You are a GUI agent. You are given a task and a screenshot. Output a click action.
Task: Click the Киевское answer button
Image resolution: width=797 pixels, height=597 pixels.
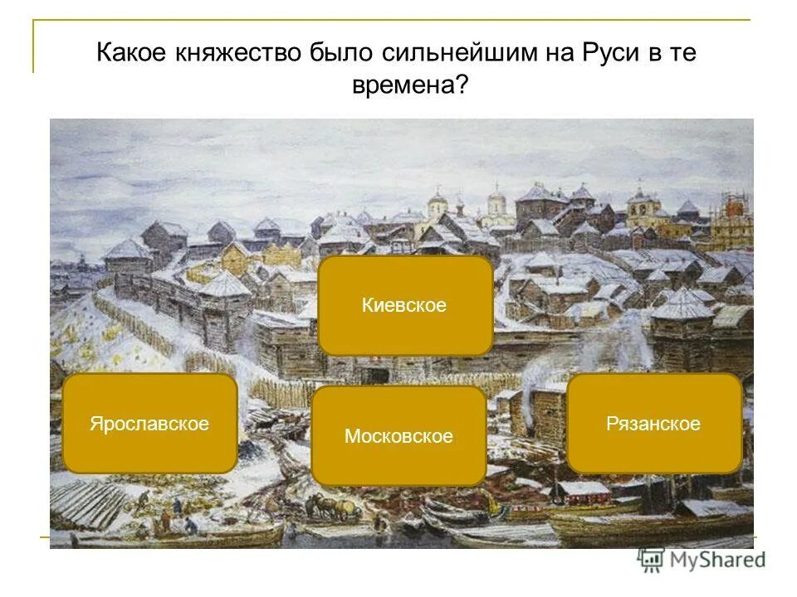click(x=404, y=305)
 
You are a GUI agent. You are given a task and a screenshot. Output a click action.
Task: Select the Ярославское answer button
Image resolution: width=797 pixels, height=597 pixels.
click(x=149, y=424)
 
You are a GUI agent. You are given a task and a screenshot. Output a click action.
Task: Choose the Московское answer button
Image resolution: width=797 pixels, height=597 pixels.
click(x=398, y=436)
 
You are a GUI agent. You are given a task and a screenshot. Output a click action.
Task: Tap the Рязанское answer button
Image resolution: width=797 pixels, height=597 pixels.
click(x=653, y=424)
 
